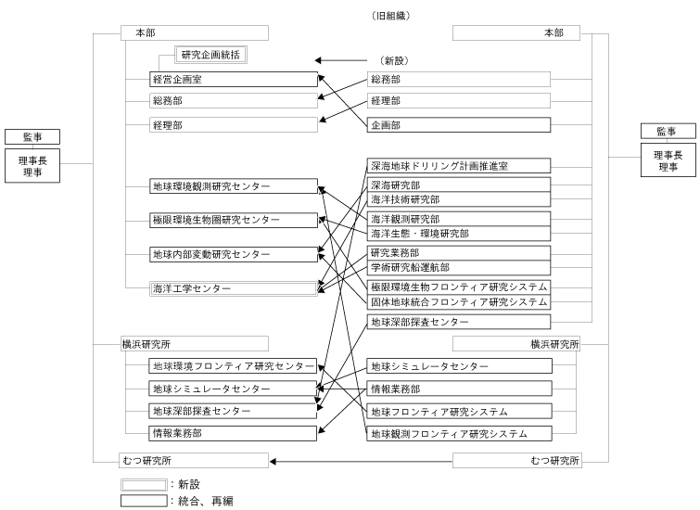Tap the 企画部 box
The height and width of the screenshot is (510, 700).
point(458,123)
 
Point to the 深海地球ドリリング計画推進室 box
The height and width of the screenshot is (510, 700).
point(458,166)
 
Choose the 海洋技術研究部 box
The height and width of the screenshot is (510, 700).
point(458,199)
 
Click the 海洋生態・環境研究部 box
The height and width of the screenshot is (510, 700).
point(458,233)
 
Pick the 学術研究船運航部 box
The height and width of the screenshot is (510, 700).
point(458,267)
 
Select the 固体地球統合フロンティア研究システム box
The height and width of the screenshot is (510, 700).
point(458,302)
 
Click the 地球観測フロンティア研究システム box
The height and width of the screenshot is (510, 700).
point(458,433)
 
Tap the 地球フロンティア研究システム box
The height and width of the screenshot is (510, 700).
point(458,411)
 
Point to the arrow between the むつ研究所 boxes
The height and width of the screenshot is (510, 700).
point(361,461)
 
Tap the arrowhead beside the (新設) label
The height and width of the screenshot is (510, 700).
point(318,60)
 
